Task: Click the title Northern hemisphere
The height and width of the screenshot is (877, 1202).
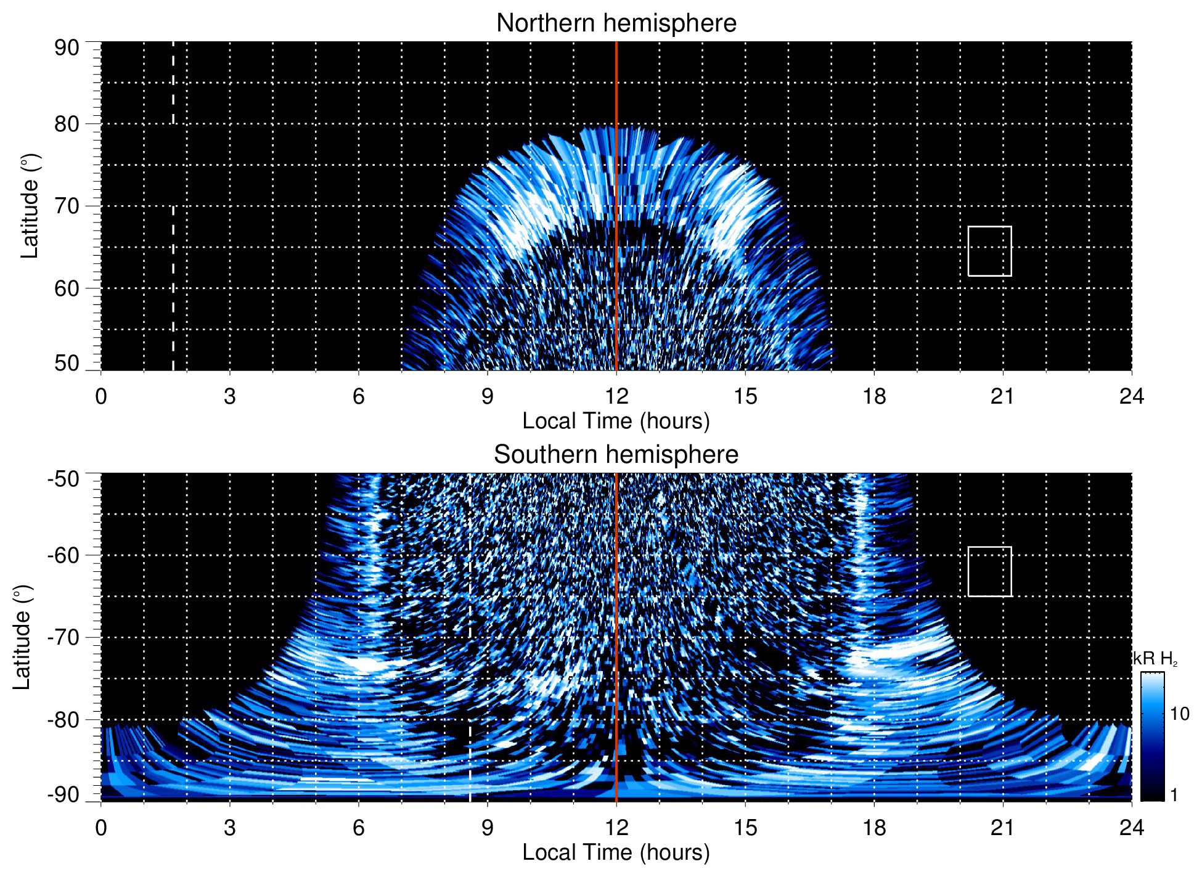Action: tap(616, 23)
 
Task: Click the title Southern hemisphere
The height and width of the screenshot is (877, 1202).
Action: tap(616, 455)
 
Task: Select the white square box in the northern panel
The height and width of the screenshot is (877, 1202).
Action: tap(989, 251)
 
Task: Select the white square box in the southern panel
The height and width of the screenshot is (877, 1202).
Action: tap(989, 571)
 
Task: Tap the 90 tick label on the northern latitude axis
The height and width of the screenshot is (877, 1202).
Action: tap(67, 48)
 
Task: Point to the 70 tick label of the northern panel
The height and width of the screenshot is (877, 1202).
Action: tap(67, 206)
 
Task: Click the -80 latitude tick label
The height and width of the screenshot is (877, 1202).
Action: tap(63, 719)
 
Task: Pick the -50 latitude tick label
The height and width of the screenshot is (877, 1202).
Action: tap(63, 479)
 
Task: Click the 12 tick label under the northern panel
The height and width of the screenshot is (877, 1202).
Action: tap(616, 396)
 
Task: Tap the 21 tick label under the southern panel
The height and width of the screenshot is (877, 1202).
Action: tap(1002, 828)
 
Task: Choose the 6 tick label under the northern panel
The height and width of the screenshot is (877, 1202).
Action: tap(358, 396)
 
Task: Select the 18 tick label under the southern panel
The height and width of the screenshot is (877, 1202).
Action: tap(873, 828)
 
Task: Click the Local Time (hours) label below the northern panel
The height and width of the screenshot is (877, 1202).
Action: tap(616, 422)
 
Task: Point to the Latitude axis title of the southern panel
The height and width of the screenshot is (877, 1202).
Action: tap(22, 637)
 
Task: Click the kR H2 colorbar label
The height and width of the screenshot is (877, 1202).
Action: tap(1155, 659)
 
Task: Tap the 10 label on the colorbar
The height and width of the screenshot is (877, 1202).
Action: tap(1179, 714)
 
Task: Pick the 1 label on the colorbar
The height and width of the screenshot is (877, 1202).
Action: tap(1174, 795)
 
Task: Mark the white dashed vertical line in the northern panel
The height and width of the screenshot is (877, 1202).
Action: tap(173, 247)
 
